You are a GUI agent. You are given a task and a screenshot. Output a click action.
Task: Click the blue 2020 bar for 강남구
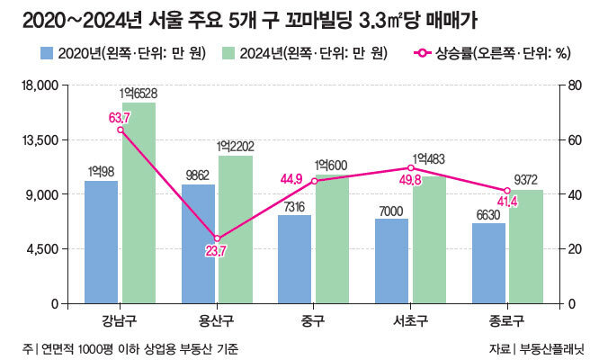[101, 242]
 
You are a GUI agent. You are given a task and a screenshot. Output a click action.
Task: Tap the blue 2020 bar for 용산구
[198, 244]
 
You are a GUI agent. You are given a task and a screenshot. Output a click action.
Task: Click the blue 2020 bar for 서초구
[391, 261]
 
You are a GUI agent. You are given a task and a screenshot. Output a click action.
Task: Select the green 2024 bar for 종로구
[526, 247]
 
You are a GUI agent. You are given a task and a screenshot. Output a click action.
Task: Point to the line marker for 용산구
[217, 238]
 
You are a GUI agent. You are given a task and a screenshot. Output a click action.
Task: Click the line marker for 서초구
[411, 167]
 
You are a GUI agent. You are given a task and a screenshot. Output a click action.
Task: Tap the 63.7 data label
[120, 117]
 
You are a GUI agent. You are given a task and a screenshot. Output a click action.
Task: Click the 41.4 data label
[507, 202]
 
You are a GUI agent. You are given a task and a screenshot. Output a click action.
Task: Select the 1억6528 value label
[138, 93]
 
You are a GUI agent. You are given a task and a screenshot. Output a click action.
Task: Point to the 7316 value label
[294, 206]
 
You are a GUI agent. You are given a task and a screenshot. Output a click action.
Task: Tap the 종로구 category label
[507, 319]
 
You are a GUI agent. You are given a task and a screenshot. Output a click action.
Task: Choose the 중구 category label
[314, 319]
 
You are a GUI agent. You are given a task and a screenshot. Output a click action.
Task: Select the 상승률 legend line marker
[420, 53]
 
